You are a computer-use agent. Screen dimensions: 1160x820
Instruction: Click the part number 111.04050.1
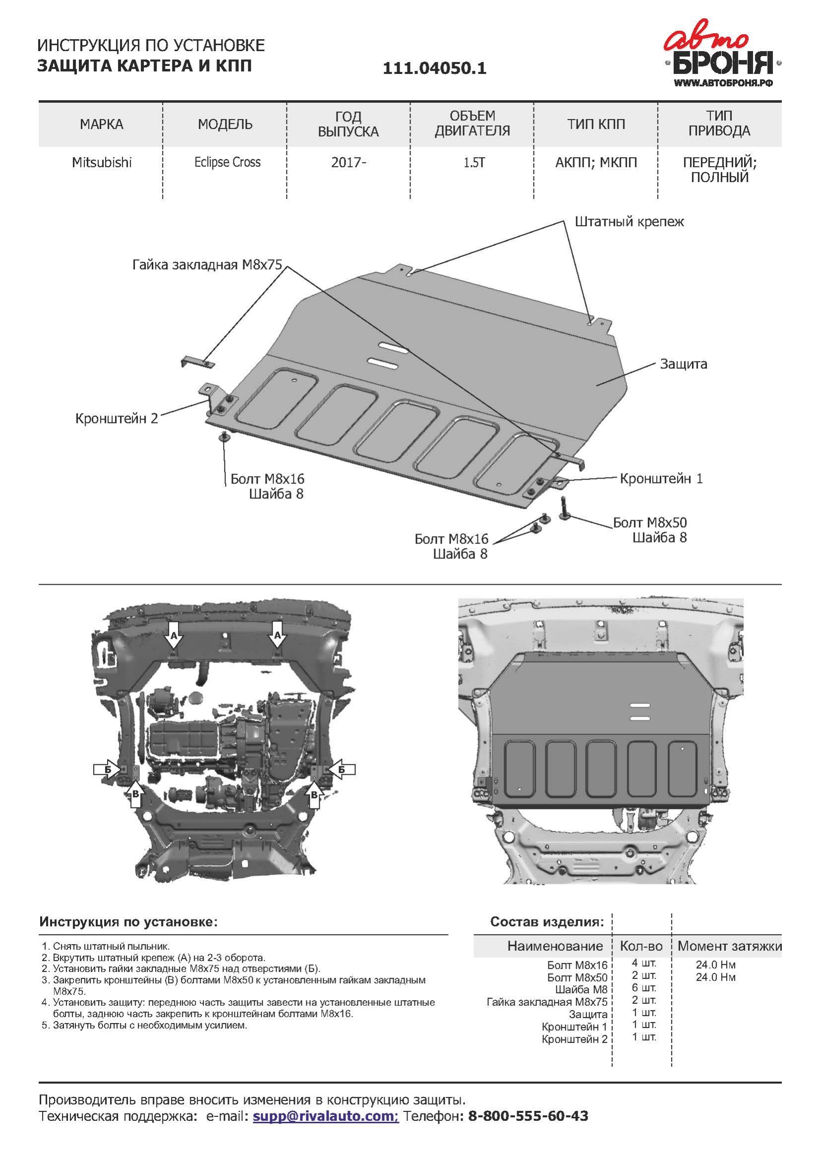(434, 68)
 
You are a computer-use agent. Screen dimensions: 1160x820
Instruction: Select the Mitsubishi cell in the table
(102, 163)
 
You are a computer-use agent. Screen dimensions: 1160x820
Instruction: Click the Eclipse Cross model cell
(227, 163)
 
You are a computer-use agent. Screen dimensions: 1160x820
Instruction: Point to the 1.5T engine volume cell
(473, 163)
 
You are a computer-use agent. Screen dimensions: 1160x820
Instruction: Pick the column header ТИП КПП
(596, 124)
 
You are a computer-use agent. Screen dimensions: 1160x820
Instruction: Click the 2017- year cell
(349, 163)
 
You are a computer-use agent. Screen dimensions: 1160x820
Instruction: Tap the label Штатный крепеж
(629, 222)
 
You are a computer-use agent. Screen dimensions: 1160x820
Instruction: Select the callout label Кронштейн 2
(117, 419)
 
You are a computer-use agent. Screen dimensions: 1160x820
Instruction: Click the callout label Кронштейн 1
(661, 479)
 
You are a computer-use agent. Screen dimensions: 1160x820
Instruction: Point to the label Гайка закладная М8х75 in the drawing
(207, 265)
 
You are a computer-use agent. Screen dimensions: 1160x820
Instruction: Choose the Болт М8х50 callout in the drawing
(650, 522)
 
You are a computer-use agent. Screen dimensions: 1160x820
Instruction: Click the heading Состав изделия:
(547, 922)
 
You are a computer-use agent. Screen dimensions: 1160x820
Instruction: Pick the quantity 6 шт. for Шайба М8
(644, 987)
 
